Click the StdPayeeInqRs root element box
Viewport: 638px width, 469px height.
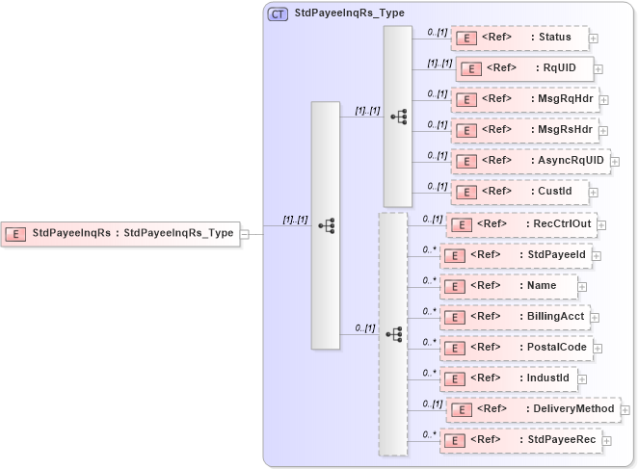120,232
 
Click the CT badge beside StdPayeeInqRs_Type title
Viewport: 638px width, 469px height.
278,13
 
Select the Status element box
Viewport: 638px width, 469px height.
519,39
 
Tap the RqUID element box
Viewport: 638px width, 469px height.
524,69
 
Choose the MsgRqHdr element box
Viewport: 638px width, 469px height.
524,99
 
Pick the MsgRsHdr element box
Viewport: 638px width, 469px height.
524,130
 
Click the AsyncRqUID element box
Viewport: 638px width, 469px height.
530,161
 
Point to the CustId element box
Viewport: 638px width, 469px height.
519,192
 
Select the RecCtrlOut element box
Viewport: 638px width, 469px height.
521,224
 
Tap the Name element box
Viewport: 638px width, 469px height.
512,286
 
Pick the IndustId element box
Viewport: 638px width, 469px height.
512,378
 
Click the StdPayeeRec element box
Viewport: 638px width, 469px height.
520,440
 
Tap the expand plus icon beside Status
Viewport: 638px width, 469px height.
594,39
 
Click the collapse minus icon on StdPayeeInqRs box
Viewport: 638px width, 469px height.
245,233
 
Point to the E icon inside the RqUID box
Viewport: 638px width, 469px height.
472,69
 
